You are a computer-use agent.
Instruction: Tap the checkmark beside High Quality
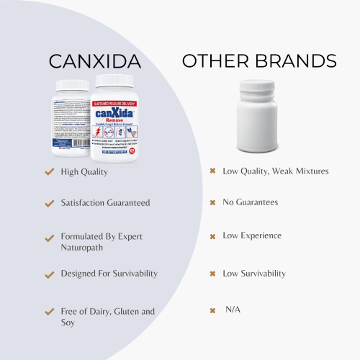click(x=49, y=172)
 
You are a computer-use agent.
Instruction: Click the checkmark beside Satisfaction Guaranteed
click(x=49, y=203)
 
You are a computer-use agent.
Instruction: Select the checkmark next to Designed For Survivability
click(x=49, y=275)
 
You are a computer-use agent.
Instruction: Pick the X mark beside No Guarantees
click(x=212, y=203)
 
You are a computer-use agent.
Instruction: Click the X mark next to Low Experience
click(x=212, y=236)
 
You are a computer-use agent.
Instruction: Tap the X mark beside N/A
click(x=212, y=310)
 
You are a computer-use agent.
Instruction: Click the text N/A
click(x=233, y=310)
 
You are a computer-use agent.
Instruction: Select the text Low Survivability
click(x=254, y=274)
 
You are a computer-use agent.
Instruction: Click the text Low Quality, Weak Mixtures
click(x=276, y=171)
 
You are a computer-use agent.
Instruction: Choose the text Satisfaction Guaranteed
click(x=105, y=203)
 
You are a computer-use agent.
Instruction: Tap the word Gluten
click(x=122, y=311)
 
